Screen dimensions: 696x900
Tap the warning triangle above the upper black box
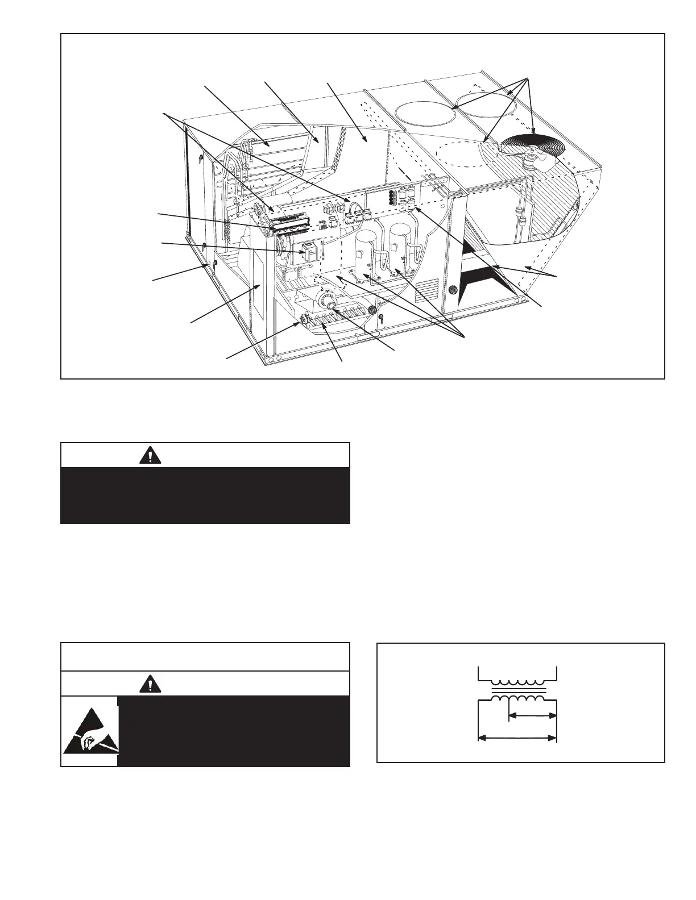[150, 456]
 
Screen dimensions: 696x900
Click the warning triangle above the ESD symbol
[150, 684]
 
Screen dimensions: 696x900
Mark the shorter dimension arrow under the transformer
[532, 716]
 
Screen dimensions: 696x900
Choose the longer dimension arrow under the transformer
[517, 738]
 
